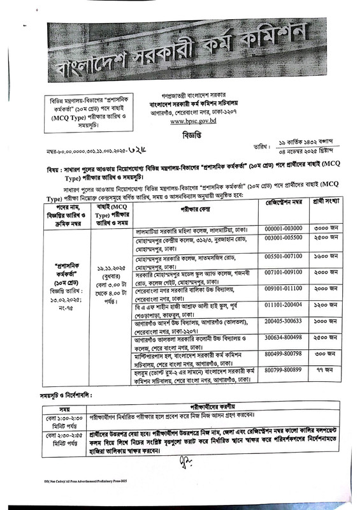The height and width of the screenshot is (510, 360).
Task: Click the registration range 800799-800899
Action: click(x=285, y=369)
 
